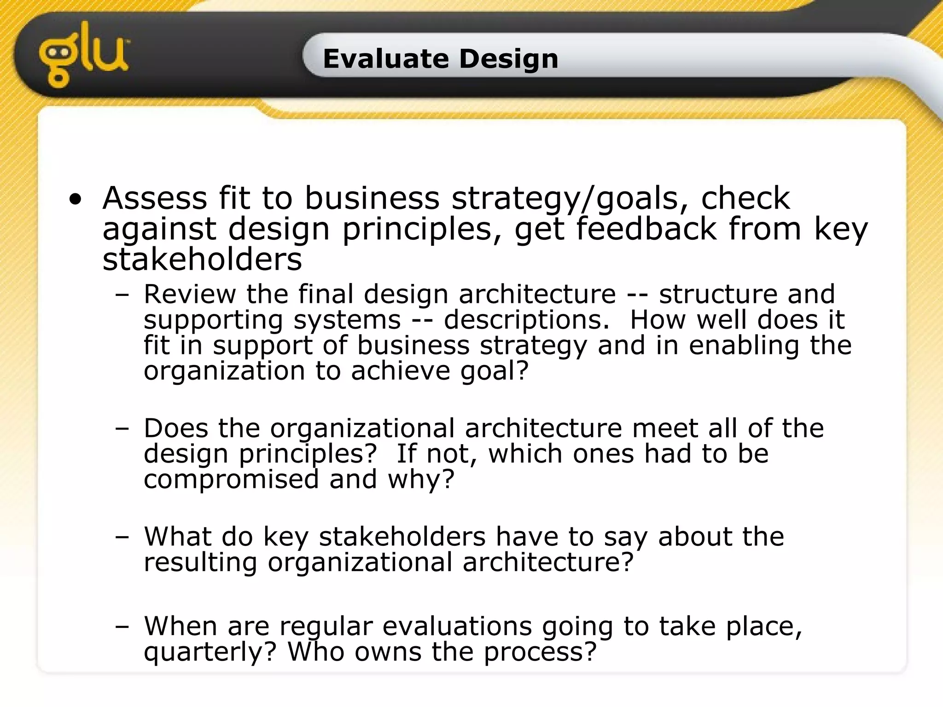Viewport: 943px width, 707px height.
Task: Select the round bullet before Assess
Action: tap(76, 200)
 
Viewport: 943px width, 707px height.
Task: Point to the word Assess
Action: tap(155, 199)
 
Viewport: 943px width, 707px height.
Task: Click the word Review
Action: tap(190, 294)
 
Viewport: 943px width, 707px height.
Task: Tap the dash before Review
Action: tap(122, 295)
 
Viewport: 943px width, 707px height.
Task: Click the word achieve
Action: tap(401, 371)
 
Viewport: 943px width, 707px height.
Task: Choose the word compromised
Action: tap(231, 480)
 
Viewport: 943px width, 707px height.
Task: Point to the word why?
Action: tap(421, 480)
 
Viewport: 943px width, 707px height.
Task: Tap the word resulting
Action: tap(200, 562)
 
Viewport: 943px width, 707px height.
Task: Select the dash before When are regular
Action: tap(122, 627)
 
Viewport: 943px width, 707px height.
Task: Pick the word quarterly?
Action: tap(210, 653)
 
